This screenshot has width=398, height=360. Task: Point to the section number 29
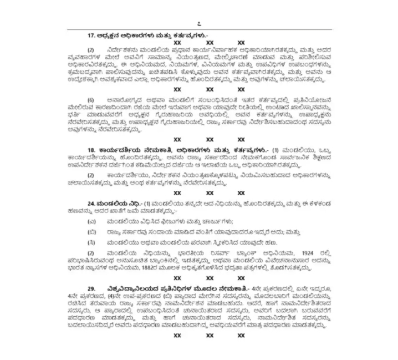click(91, 288)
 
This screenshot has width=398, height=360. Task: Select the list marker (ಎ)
click(91, 221)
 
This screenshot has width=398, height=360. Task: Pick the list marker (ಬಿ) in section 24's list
click(91, 232)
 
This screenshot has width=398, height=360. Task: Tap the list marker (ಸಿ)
click(91, 242)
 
